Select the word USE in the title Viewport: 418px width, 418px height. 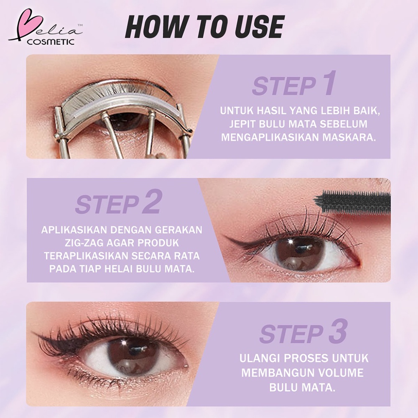point(253,28)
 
